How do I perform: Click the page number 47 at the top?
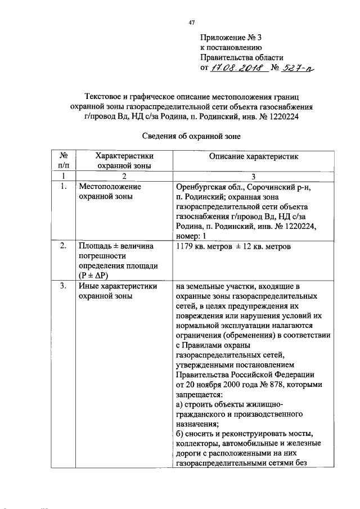[192, 22]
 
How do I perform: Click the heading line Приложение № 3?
[231, 38]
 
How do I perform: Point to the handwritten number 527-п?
[298, 68]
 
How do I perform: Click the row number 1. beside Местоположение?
[64, 187]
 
